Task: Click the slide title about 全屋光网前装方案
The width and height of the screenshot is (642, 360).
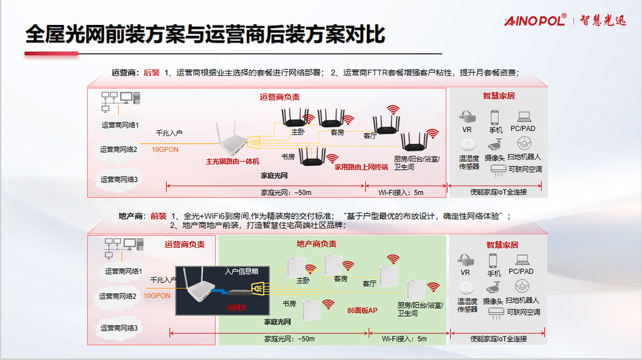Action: (x=204, y=34)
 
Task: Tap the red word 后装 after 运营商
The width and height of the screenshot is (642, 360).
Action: (x=152, y=73)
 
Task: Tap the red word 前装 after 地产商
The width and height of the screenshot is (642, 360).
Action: (x=158, y=216)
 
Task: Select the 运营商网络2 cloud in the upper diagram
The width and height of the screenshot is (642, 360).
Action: (x=118, y=150)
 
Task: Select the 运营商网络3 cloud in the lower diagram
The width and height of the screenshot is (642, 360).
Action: (x=118, y=328)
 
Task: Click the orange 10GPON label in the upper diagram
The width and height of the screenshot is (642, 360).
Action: (x=165, y=150)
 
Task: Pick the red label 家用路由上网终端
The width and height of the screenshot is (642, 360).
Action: (x=361, y=167)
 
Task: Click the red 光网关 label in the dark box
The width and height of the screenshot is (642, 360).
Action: (x=236, y=308)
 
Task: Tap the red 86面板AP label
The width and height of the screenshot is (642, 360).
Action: (x=362, y=310)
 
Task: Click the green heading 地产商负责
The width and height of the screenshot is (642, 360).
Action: (x=316, y=244)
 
